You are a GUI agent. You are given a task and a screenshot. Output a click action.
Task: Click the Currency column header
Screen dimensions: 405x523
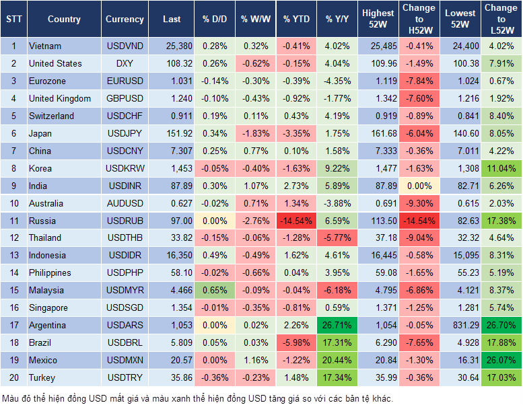[125, 20]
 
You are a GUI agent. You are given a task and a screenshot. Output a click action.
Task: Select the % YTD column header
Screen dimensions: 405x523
[296, 20]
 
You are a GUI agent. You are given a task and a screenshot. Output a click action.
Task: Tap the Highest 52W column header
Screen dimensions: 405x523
[378, 19]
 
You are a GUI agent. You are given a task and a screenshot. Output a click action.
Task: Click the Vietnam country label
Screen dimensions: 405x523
[45, 46]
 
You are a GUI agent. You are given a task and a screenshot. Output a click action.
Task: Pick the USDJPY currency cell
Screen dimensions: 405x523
[125, 133]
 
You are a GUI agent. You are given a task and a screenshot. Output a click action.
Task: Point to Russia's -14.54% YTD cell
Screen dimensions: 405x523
[296, 221]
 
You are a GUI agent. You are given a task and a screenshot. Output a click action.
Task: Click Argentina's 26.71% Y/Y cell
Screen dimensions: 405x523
[337, 326]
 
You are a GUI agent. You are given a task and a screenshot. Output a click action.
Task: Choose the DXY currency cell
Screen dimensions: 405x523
[125, 64]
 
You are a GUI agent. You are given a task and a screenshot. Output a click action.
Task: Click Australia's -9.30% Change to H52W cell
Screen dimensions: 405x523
[419, 203]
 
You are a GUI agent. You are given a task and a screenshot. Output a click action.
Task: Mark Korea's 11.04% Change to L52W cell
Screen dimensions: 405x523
[501, 168]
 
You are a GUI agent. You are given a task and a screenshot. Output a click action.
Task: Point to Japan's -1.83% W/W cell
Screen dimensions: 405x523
[255, 133]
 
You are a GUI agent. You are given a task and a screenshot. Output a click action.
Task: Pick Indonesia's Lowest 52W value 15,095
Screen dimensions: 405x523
[461, 256]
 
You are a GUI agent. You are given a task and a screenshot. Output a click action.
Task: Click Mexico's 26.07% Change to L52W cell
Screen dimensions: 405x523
[501, 361]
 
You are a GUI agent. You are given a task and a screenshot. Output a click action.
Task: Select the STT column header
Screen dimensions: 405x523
[13, 20]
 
